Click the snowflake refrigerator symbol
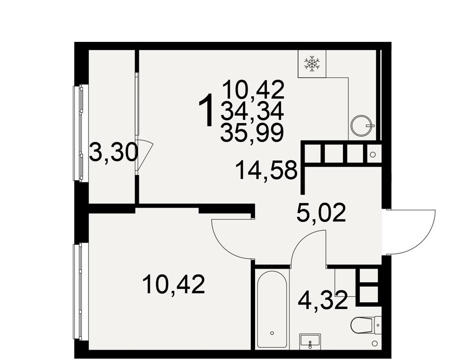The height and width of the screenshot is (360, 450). (x=312, y=64)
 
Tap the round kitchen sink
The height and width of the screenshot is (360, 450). (x=363, y=126)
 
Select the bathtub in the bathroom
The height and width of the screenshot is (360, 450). (x=272, y=309)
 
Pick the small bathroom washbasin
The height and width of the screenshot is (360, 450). (x=310, y=341)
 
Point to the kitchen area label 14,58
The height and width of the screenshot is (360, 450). (x=266, y=170)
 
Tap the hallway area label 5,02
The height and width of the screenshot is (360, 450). (x=321, y=212)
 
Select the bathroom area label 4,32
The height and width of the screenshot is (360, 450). (x=323, y=301)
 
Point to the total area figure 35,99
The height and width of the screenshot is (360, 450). (x=252, y=133)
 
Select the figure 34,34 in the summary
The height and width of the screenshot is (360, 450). (x=252, y=112)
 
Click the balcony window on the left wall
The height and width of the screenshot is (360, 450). (x=77, y=133)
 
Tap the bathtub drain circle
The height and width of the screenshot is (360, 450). (x=272, y=333)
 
